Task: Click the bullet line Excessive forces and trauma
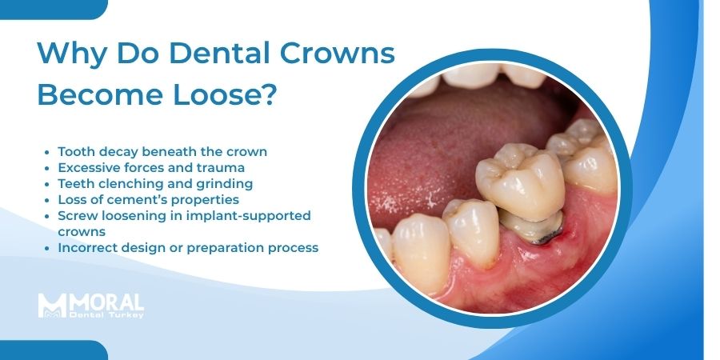tap(162, 167)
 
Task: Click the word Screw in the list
tap(78, 216)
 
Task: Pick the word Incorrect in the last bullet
tap(90, 248)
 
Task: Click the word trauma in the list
tap(245, 167)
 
